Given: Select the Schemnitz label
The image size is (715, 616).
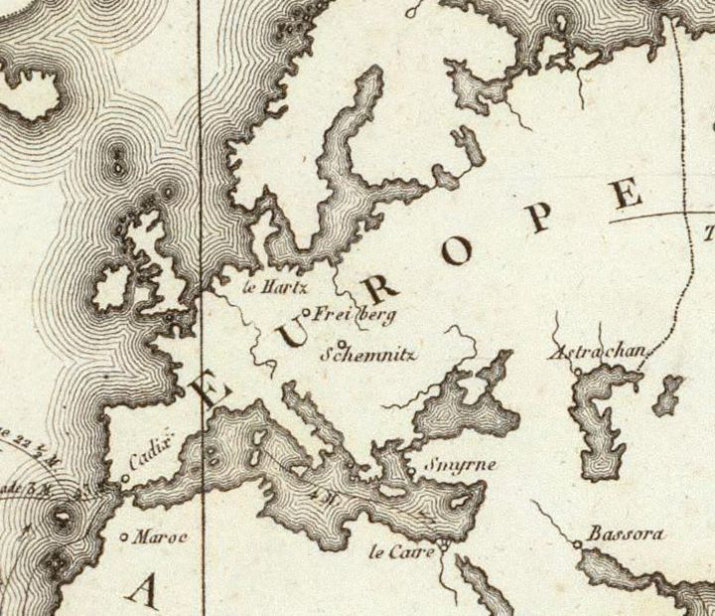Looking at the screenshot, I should [367, 354].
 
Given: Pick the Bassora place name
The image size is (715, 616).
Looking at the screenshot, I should [626, 535].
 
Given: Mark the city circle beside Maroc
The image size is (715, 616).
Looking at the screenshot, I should [124, 538].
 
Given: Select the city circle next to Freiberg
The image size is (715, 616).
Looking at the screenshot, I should [306, 315].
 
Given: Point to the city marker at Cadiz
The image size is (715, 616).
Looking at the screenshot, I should [125, 479].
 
